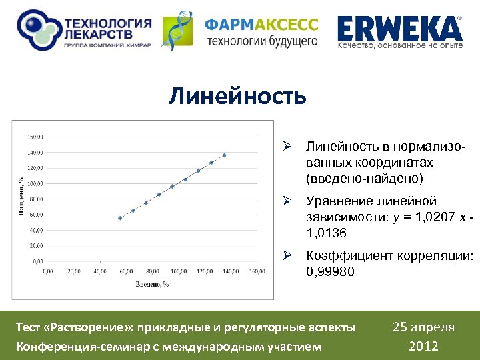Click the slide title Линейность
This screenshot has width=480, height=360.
pyautogui.click(x=237, y=96)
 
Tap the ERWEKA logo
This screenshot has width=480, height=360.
pyautogui.click(x=399, y=29)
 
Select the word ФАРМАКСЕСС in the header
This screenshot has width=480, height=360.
pyautogui.click(x=261, y=25)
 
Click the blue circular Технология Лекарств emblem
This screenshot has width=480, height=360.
pyautogui.click(x=37, y=29)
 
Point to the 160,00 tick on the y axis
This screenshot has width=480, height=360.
pyautogui.click(x=35, y=137)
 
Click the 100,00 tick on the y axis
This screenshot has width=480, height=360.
pyautogui.click(x=35, y=183)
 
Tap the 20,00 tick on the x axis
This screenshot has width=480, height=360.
pyautogui.click(x=73, y=271)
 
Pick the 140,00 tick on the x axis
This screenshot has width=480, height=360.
pyautogui.click(x=230, y=271)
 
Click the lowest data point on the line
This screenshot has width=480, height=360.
pyautogui.click(x=120, y=218)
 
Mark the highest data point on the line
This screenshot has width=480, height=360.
pyautogui.click(x=224, y=155)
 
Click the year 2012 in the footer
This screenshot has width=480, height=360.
pyautogui.click(x=423, y=346)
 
